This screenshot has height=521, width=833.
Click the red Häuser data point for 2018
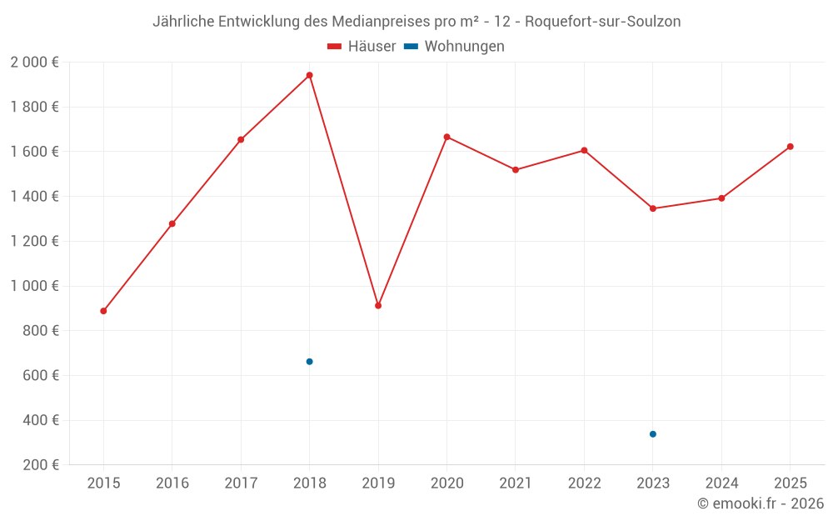coord(309,75)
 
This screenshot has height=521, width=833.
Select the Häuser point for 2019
coord(378,306)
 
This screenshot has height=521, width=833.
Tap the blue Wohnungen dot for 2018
coord(309,362)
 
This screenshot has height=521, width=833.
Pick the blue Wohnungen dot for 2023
coord(653,434)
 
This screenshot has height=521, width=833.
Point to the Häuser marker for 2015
coord(103,311)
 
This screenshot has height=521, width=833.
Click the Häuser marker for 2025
coord(791,147)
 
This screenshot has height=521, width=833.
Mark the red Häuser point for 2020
coord(446,137)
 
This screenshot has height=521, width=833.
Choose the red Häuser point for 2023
coord(653,208)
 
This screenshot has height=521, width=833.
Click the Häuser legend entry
coord(362,47)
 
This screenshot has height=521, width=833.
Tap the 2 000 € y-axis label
coord(34,63)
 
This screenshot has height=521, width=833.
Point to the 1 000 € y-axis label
coord(34,286)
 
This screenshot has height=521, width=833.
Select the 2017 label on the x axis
coord(241,483)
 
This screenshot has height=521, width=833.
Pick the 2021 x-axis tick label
coord(516,483)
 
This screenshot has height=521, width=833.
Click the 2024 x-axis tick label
coord(721,483)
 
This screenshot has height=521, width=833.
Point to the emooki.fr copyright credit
coord(761,503)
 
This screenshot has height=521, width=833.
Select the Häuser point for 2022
coord(584,151)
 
